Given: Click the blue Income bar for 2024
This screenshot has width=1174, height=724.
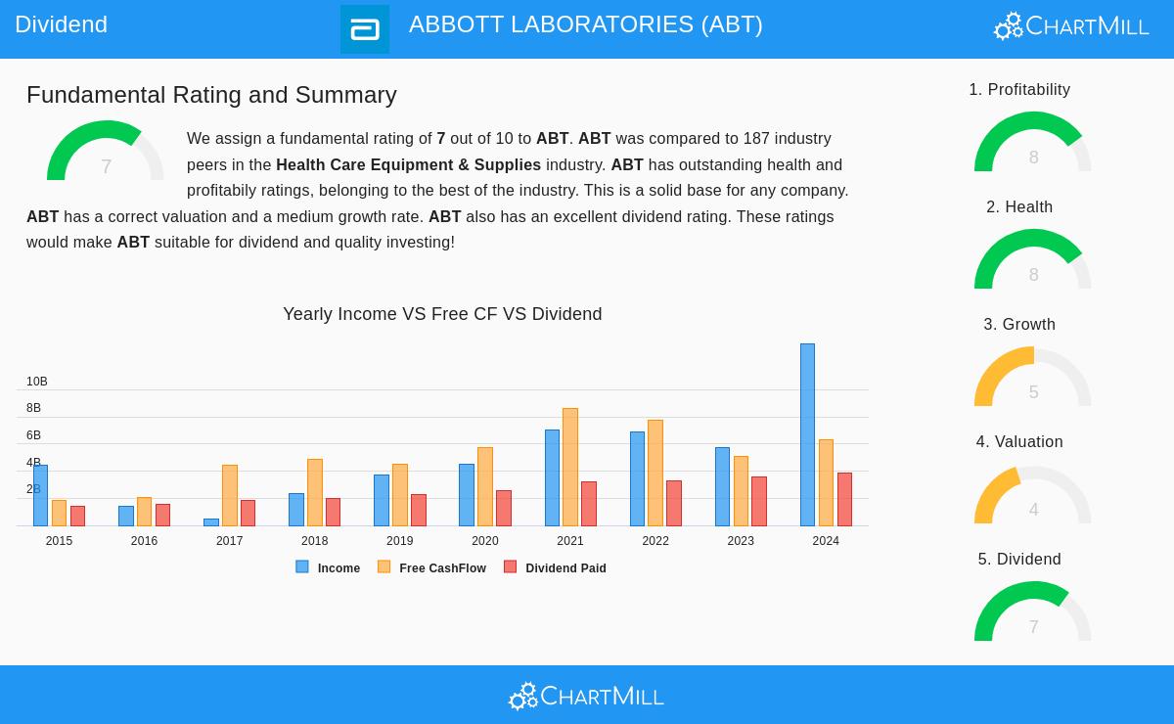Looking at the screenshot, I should (807, 434).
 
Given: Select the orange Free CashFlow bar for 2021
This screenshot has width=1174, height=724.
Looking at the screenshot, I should (570, 467).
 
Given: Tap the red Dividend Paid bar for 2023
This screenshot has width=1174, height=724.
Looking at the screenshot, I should (759, 501).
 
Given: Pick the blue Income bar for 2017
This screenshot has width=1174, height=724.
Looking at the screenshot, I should (211, 522).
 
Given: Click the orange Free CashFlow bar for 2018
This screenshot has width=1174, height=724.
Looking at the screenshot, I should (315, 492).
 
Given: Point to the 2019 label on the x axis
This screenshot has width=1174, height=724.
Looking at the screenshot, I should (399, 541).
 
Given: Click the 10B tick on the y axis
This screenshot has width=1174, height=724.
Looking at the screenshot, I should (37, 382).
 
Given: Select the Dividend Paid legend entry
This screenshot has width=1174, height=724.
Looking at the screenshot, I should (555, 567).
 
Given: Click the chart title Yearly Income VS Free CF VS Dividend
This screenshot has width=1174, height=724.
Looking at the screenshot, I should (442, 314).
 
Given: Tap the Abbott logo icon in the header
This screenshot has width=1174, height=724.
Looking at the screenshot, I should (365, 29).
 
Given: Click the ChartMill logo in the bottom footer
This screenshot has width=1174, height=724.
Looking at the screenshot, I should (586, 696).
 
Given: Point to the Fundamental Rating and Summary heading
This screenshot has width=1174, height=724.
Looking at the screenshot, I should (211, 95).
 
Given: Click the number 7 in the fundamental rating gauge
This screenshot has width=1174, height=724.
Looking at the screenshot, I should (106, 167).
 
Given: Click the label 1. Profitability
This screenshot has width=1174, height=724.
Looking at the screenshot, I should (1019, 90).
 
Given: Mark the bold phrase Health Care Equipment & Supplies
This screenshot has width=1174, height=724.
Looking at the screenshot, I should (408, 165).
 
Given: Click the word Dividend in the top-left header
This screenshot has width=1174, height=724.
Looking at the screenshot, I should (61, 24).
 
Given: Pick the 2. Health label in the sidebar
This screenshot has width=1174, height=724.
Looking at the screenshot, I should (1019, 207).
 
